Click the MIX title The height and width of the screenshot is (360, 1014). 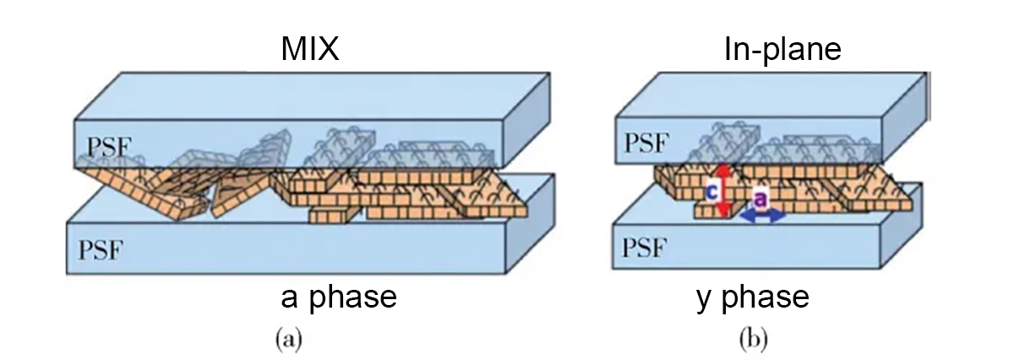tap(310, 49)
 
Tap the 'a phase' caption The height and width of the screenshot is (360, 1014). tap(339, 298)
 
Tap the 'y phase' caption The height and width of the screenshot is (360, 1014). tap(753, 298)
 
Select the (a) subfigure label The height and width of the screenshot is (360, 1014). tap(289, 339)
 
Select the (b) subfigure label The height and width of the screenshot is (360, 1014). tap(753, 339)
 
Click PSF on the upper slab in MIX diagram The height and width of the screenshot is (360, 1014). tap(109, 147)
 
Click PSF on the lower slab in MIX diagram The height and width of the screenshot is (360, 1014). tap(101, 249)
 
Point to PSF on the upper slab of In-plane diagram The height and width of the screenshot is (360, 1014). tap(646, 143)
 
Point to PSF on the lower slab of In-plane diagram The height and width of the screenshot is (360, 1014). tap(644, 248)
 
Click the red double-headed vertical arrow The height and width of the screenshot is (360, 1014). tap(725, 191)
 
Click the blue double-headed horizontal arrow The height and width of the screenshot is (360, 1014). tap(763, 216)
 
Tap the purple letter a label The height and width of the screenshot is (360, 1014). tap(761, 199)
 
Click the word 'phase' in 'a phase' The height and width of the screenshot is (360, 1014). tap(353, 298)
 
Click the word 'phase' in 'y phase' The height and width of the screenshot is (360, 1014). tap(766, 298)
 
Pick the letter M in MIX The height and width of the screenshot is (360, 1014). tap(293, 49)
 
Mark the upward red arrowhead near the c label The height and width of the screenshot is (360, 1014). tap(725, 170)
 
